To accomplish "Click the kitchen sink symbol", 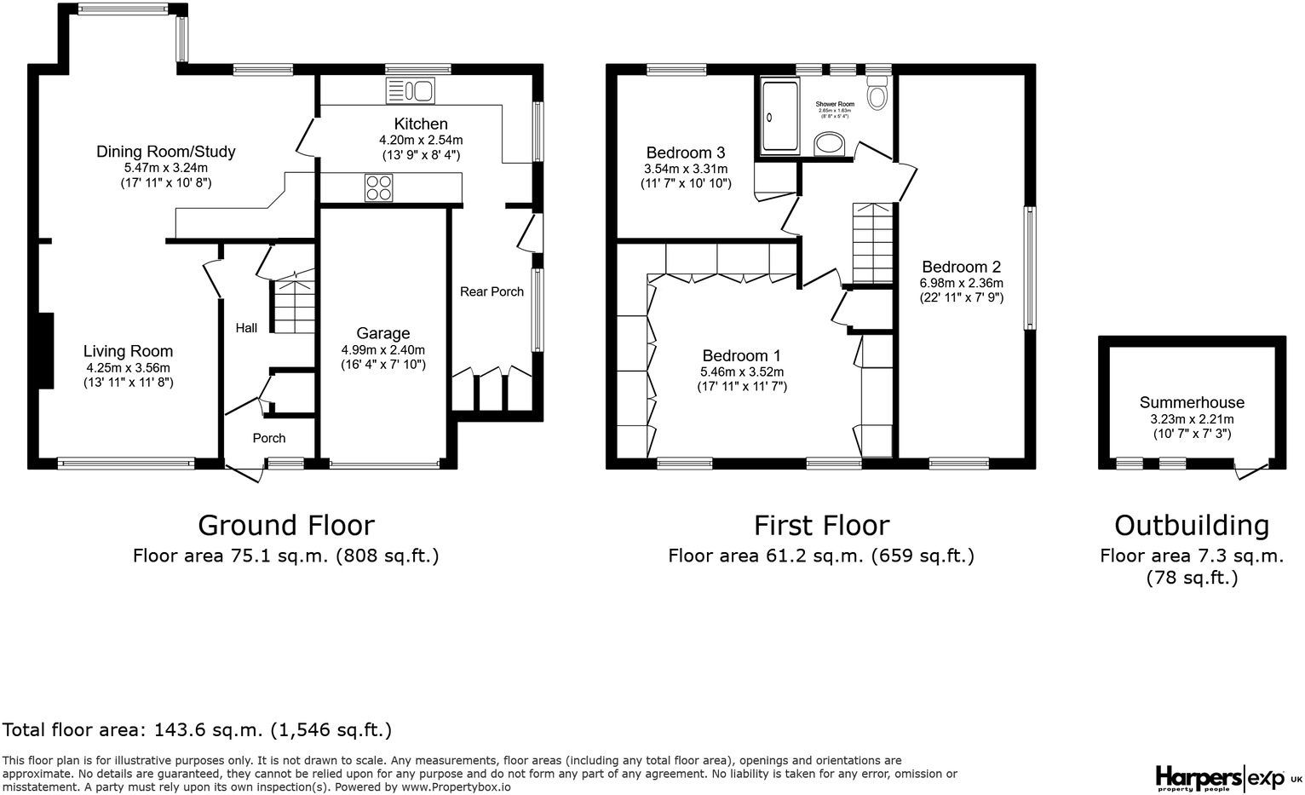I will [x=410, y=90].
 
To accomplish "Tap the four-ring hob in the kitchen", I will [x=379, y=187].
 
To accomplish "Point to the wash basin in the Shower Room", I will [x=831, y=146].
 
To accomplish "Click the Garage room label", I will [x=382, y=333].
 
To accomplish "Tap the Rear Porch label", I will [x=492, y=291].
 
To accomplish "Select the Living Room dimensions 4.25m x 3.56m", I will [x=128, y=367].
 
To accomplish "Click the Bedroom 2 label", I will [x=961, y=267].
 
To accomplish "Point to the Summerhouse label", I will [x=1192, y=402].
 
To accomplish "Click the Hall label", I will [x=246, y=328].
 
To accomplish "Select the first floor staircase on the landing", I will [x=872, y=243].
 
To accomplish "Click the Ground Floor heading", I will [x=285, y=525].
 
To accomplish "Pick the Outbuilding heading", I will [x=1191, y=525].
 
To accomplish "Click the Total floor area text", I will [x=197, y=730].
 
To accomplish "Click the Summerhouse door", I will [x=1250, y=470].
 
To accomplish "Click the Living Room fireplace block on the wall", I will [x=45, y=351].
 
